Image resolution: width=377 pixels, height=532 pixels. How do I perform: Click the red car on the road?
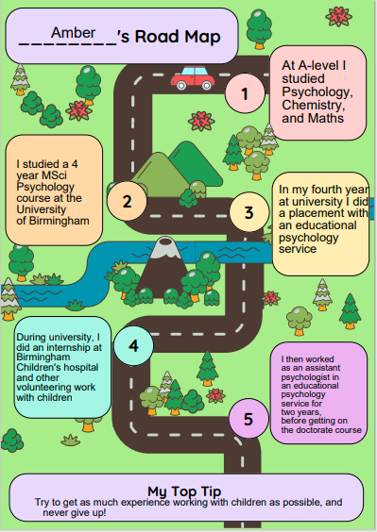tap(193, 77)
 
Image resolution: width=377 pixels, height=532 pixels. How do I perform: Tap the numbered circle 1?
tap(246, 93)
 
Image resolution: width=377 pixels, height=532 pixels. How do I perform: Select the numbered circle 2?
tap(127, 200)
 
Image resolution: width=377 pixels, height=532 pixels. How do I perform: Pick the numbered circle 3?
tap(248, 212)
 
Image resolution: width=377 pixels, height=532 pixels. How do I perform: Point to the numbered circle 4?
tap(133, 345)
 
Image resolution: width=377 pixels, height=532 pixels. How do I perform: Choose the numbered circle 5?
tap(248, 419)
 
